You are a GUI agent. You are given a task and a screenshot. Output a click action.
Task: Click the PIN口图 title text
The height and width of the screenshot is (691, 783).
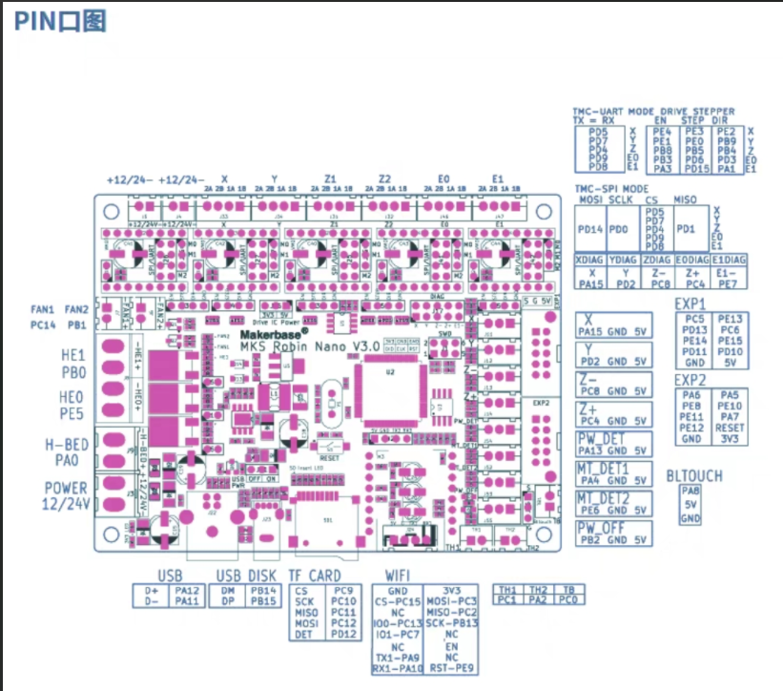60,21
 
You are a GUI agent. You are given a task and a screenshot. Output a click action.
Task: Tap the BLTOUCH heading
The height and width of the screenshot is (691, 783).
693,476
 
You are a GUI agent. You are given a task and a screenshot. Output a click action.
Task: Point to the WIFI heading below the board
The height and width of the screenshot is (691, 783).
398,575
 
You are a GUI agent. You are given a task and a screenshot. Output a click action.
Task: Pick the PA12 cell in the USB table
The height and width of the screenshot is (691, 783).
187,590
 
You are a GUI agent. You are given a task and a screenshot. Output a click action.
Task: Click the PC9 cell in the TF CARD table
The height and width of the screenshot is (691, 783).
343,590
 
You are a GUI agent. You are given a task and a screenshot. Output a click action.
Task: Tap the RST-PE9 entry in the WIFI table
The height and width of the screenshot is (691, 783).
452,668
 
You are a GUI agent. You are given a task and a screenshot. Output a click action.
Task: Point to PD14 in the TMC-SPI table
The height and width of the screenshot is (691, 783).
590,229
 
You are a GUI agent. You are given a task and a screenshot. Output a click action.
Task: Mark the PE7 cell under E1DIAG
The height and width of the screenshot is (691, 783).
728,283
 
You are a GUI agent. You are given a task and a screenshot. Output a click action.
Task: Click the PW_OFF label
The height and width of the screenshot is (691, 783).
600,527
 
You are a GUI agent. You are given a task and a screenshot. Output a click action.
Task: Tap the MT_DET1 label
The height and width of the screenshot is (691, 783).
602,469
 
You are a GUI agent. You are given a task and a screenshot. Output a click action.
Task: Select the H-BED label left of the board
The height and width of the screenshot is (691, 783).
66,445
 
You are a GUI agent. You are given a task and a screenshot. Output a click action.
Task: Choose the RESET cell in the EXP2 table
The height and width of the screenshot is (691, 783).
730,428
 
